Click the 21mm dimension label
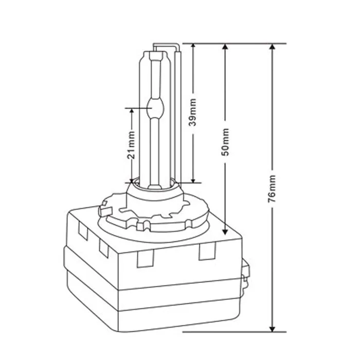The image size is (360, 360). (x=131, y=145)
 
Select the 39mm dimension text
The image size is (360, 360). (x=192, y=112)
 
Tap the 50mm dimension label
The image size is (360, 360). (x=225, y=142)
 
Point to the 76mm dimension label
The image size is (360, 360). (x=272, y=189)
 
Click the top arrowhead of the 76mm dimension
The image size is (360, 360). (x=272, y=47)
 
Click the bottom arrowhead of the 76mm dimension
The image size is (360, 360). (x=272, y=329)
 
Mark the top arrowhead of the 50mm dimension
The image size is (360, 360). (x=225, y=47)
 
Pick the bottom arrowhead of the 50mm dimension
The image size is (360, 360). (x=225, y=231)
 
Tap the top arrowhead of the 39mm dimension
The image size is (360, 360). (x=193, y=46)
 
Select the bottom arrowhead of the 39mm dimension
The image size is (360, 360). (x=193, y=180)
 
